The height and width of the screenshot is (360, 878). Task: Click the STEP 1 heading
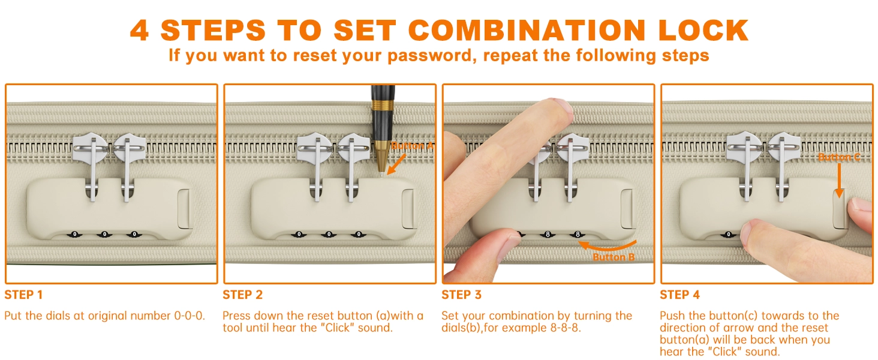(x=23, y=295)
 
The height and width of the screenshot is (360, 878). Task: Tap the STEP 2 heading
(x=243, y=295)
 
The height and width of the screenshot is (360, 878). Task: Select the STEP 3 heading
(x=461, y=295)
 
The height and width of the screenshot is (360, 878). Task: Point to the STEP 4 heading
(x=679, y=295)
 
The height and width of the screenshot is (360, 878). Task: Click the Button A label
(x=412, y=146)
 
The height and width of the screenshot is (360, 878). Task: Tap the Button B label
(x=614, y=257)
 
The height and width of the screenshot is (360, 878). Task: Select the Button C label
(x=839, y=157)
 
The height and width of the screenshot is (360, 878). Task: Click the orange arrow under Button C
(x=839, y=181)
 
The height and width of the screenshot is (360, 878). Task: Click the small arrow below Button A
(x=396, y=164)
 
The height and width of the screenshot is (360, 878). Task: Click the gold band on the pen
(x=383, y=105)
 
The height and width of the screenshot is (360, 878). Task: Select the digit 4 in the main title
(x=139, y=31)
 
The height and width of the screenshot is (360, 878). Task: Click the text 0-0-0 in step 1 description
(x=190, y=316)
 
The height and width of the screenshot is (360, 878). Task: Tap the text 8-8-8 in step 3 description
(x=565, y=328)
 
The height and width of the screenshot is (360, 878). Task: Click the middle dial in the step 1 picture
(x=104, y=235)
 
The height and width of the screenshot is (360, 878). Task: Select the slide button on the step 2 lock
(x=408, y=209)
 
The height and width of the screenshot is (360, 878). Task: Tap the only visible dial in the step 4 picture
(x=728, y=235)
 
